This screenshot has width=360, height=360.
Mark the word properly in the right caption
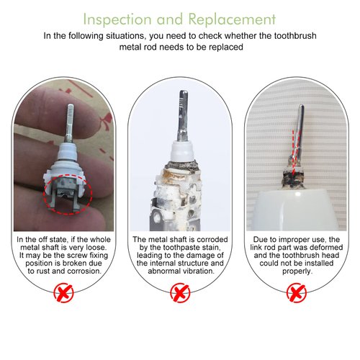pos(295,273)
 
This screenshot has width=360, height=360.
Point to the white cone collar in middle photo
pos(180,155)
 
